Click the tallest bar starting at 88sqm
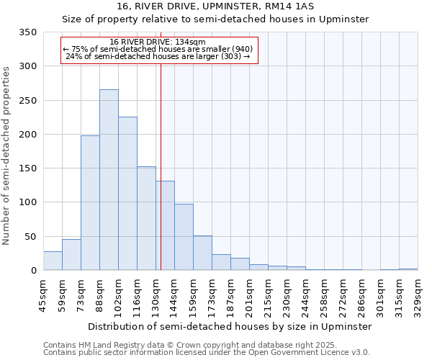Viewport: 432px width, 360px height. click(x=109, y=180)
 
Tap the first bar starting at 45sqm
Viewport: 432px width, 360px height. click(x=53, y=261)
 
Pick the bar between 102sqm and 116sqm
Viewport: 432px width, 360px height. click(x=127, y=194)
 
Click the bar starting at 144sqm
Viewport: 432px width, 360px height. click(x=184, y=237)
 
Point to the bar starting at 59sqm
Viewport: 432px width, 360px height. click(x=71, y=255)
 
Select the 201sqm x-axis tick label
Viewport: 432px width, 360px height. click(x=249, y=295)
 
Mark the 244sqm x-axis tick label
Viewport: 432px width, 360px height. click(x=305, y=295)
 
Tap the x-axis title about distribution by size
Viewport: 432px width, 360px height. click(x=229, y=326)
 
